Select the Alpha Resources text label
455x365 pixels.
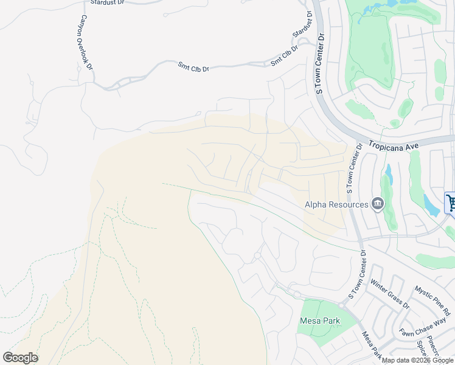pyautogui.click(x=336, y=204)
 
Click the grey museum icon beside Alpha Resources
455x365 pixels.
pyautogui.click(x=377, y=203)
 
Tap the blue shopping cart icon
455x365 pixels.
pyautogui.click(x=451, y=203)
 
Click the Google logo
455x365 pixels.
pyautogui.click(x=20, y=357)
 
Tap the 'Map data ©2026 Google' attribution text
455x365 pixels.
pyautogui.click(x=418, y=360)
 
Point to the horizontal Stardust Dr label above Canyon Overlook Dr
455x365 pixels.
pyautogui.click(x=107, y=2)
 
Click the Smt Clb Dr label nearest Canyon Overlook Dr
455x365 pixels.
pyautogui.click(x=193, y=67)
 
